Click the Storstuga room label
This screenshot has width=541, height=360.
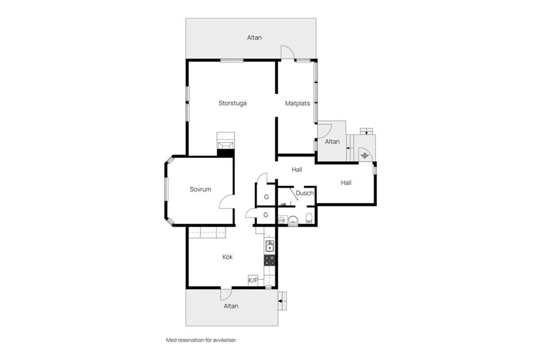click(x=233, y=103)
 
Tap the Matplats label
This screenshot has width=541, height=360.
click(x=298, y=103)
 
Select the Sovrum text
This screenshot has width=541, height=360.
click(x=200, y=189)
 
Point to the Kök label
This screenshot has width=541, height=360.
click(x=227, y=257)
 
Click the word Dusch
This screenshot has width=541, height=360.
click(x=305, y=193)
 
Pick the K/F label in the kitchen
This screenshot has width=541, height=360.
click(x=253, y=281)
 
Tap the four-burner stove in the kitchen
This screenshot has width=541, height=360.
click(x=270, y=260)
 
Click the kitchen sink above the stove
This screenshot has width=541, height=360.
click(x=270, y=246)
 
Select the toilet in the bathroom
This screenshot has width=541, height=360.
click(x=309, y=218)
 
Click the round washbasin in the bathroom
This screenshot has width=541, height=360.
click(x=293, y=220)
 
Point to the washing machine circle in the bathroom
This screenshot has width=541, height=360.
click(x=281, y=220)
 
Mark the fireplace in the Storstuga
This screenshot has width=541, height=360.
click(x=225, y=144)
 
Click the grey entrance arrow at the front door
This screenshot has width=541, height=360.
click(x=365, y=156)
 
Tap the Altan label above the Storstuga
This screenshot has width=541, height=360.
click(x=254, y=38)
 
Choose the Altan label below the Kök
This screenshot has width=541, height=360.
click(x=231, y=306)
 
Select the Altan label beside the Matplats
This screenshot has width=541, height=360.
click(x=332, y=141)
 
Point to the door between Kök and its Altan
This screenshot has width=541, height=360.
click(x=227, y=294)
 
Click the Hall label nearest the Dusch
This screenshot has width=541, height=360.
click(x=297, y=170)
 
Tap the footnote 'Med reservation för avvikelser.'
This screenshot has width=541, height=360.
click(x=202, y=340)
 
